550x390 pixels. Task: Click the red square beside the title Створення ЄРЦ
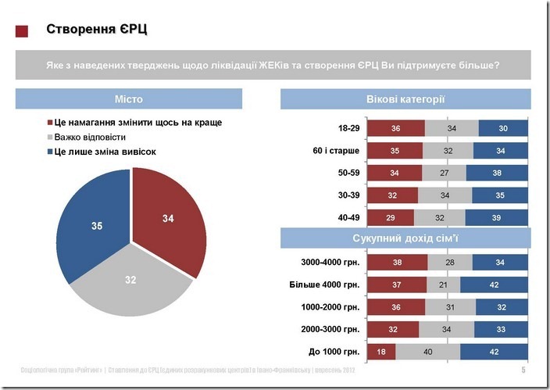22,31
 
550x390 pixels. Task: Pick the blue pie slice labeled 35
94,223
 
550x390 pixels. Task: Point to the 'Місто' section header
129,99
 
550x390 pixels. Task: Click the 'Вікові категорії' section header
405,99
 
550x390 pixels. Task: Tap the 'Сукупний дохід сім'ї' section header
405,238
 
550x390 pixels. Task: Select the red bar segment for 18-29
395,128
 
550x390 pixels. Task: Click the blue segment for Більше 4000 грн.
494,284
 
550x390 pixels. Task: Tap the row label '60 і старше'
336,151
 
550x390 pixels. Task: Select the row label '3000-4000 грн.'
330,263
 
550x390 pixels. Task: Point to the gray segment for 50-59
444,173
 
